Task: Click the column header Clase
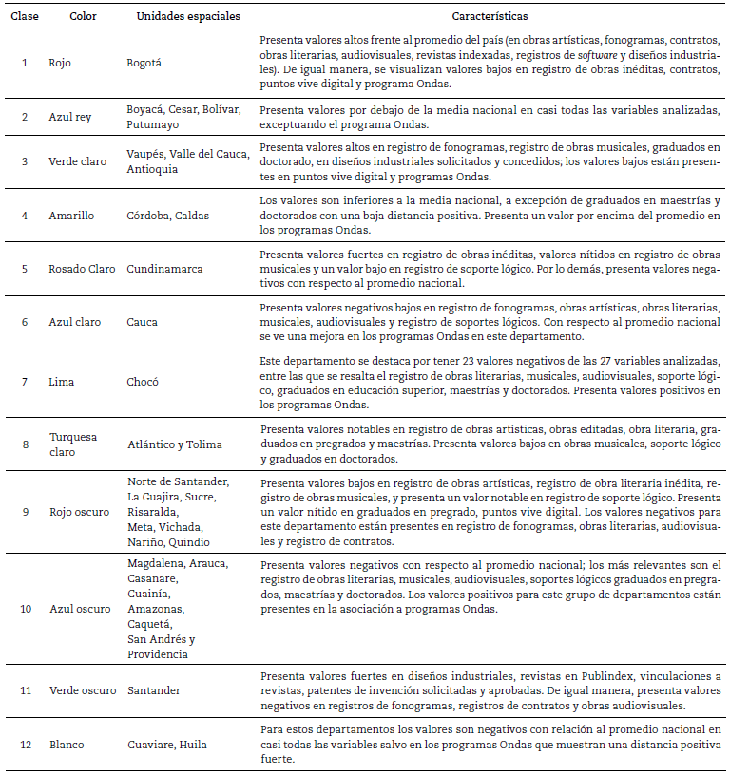[x=25, y=17]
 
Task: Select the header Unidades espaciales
[x=188, y=17]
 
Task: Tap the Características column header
[x=491, y=17]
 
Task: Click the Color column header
[x=84, y=17]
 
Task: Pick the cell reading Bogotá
[x=145, y=64]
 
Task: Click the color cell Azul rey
[x=72, y=117]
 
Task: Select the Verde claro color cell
[x=78, y=161]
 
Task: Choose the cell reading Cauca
[x=143, y=322]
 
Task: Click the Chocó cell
[x=144, y=383]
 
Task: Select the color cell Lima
[x=62, y=383]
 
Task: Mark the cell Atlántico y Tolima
[x=175, y=444]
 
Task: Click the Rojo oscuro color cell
[x=80, y=512]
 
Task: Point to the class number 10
[x=26, y=608]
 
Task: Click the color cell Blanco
[x=67, y=745]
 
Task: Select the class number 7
[x=26, y=383]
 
